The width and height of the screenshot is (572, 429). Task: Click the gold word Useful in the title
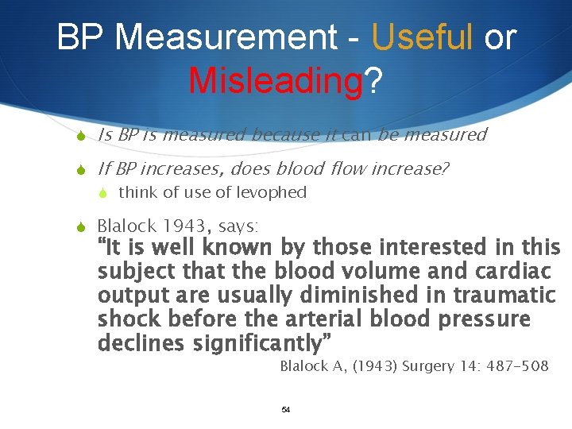(x=422, y=37)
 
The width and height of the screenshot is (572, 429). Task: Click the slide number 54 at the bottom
(x=286, y=410)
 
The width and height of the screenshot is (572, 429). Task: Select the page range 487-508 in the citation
(x=515, y=366)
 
